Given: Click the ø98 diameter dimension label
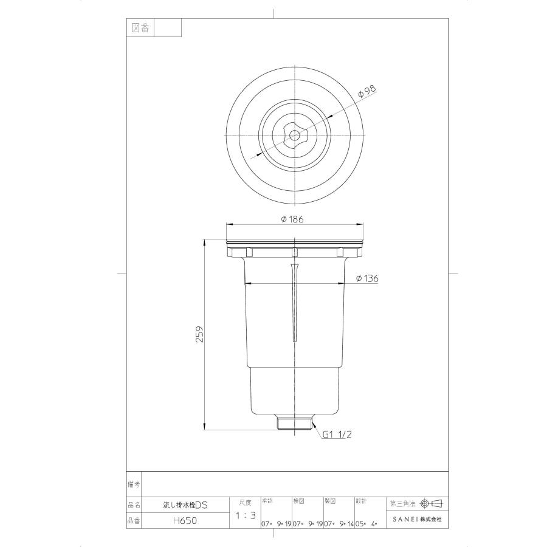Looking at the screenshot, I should pos(368,92).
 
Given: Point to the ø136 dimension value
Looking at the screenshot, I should pos(368,278).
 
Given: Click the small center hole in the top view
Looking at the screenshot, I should pos(294,134).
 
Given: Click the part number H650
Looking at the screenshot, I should pos(184,520).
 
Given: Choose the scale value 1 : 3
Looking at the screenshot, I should pos(246,516).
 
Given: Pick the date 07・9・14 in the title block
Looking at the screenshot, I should pos(339,523).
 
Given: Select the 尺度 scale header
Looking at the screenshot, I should pos(246,503).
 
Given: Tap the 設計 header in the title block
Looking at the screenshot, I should pos(360,501).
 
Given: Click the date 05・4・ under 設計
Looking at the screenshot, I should pos(366,523).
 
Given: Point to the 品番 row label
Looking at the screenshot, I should pos(134,520).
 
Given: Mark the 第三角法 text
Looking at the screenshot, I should pos(403,504).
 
